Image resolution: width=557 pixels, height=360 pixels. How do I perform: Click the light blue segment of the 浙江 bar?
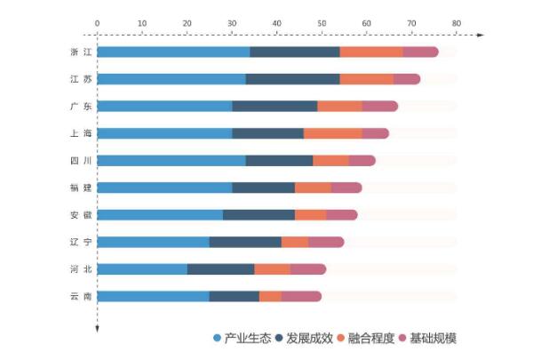[173, 52]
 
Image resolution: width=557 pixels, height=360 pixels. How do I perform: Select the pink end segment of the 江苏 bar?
[406, 79]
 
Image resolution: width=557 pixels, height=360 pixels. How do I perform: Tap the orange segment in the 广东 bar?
[339, 107]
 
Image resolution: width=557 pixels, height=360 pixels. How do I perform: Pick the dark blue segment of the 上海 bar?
[267, 133]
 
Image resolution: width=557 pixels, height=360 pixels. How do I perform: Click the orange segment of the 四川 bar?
[330, 161]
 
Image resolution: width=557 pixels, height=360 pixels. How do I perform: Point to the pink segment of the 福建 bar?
[346, 188]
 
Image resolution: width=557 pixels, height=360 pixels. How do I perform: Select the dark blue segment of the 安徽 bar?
[259, 215]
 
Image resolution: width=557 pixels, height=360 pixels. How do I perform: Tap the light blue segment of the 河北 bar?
[142, 269]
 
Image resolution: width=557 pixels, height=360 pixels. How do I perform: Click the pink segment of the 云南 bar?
[301, 296]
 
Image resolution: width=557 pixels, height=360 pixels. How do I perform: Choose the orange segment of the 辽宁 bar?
[294, 242]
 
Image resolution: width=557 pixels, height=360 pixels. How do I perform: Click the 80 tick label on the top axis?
[456, 22]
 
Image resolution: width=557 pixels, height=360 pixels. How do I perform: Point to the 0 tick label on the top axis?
[97, 22]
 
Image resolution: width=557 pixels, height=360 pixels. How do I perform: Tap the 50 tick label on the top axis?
[322, 22]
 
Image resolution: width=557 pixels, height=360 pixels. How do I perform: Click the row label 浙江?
[80, 52]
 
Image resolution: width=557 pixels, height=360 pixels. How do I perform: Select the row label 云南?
[80, 296]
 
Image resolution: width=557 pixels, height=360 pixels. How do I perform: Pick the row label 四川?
[80, 161]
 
